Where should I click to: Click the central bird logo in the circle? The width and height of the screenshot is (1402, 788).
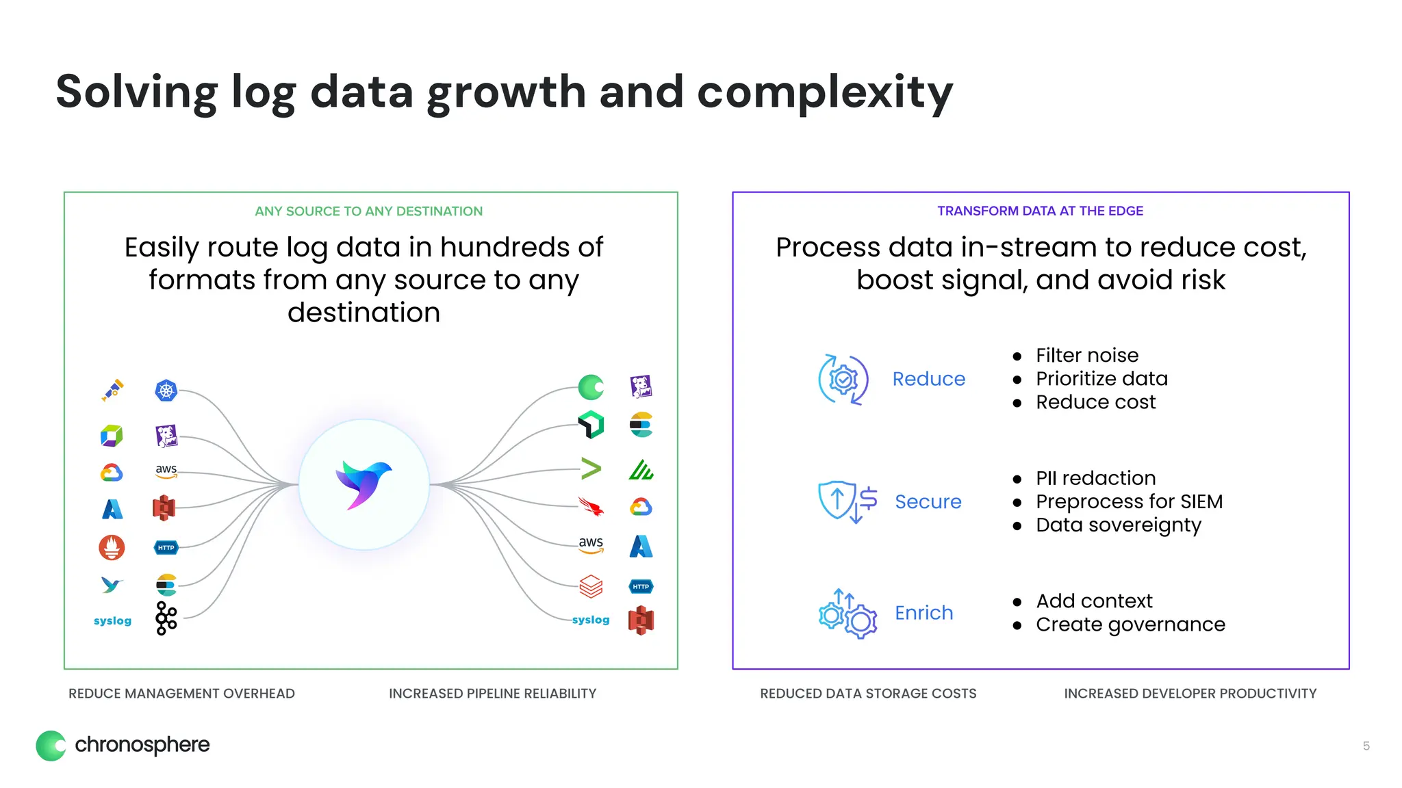(364, 484)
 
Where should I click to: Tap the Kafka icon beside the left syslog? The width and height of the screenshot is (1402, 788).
(166, 618)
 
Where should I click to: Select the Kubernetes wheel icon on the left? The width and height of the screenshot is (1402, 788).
(166, 391)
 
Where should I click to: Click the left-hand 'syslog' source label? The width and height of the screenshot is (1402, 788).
(112, 620)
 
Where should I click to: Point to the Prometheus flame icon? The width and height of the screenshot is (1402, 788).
(112, 547)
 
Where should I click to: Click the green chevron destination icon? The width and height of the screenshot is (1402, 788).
(591, 469)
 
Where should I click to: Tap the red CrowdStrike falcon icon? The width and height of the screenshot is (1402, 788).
(591, 507)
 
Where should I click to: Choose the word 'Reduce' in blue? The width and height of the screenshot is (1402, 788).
(928, 379)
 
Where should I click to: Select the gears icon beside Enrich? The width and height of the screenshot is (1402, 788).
(847, 614)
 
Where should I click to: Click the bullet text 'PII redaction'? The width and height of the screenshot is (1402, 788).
(1095, 478)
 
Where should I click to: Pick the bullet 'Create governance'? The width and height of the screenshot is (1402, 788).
(1130, 625)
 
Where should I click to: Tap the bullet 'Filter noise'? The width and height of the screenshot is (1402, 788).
(1087, 356)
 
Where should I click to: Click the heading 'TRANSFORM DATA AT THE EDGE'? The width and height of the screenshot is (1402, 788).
(1040, 211)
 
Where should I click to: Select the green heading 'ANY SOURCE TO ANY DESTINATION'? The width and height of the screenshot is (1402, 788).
(368, 211)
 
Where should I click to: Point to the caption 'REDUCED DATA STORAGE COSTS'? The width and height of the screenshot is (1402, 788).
(868, 694)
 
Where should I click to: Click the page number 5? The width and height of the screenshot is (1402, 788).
(1366, 746)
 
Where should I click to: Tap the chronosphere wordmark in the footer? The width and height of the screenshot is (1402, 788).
(142, 744)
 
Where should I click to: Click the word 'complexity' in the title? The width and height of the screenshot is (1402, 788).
(824, 92)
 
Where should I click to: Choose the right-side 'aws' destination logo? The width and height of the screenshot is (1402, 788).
(591, 544)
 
